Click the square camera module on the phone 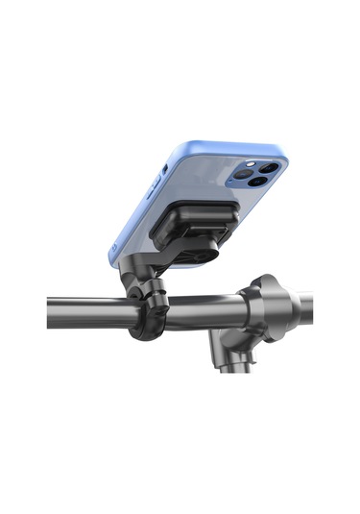(257, 175)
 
